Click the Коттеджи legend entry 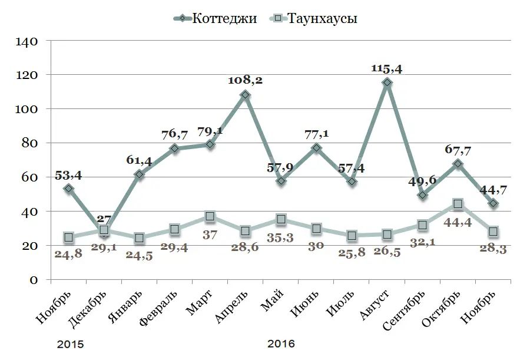point(214,18)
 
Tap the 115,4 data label point(387,69)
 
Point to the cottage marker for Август point(387,83)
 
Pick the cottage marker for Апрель point(246,95)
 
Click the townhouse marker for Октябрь point(458,204)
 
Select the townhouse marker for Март point(210,217)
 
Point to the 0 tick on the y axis point(34,280)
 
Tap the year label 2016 point(281,344)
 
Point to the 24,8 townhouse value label point(68,255)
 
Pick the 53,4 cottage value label point(68,175)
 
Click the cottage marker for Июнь point(316,148)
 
